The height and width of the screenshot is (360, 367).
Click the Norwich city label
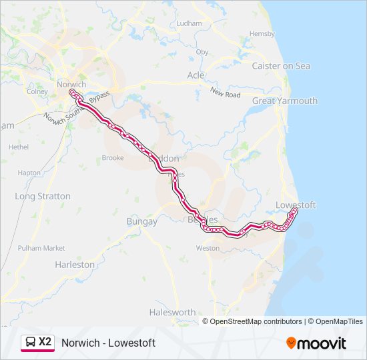[x=71, y=85]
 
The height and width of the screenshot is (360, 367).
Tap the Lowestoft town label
[x=295, y=205]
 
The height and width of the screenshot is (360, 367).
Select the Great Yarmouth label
[x=284, y=101]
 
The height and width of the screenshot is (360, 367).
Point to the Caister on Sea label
[x=281, y=66]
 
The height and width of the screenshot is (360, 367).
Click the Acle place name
[x=196, y=75]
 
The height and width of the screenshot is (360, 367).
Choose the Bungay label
[x=141, y=221]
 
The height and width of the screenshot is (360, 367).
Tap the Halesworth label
[x=173, y=312]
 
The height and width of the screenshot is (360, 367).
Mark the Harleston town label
[x=75, y=265]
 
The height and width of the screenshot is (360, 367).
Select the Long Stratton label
[x=43, y=197]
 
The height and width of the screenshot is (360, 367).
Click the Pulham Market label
[x=41, y=248]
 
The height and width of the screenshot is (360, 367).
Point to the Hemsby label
[x=262, y=34]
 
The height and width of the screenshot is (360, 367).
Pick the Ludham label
[x=189, y=23]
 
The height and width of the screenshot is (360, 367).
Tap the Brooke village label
[x=113, y=159]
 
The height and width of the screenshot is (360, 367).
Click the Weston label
[x=208, y=248]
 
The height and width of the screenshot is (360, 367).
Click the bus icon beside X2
[x=31, y=342]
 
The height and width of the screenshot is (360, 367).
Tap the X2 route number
[x=45, y=342]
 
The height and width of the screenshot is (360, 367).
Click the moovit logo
[x=316, y=343]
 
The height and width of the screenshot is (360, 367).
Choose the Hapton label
[x=29, y=173]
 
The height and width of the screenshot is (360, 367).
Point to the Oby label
[x=202, y=52]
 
